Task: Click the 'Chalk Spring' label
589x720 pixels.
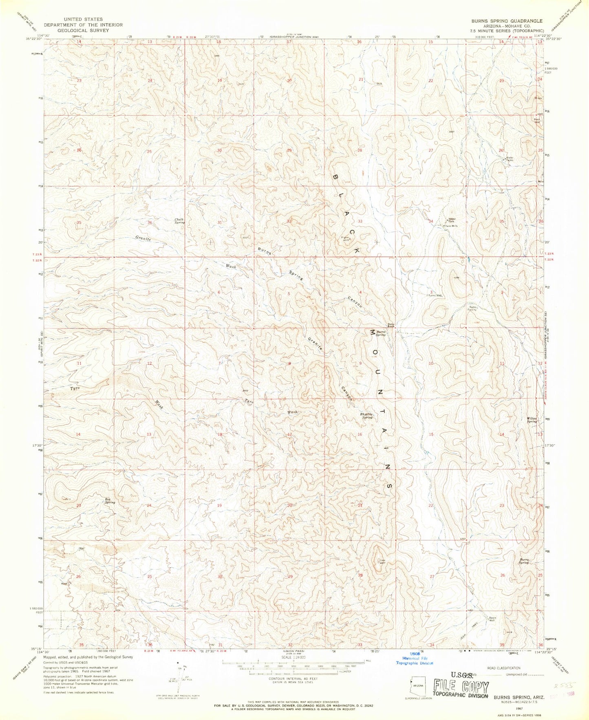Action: click(x=179, y=221)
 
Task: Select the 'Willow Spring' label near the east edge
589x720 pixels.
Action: click(x=531, y=420)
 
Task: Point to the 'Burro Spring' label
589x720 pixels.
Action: click(x=523, y=561)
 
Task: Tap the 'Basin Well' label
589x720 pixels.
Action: click(x=492, y=619)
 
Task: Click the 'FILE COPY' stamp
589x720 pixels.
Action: click(x=461, y=688)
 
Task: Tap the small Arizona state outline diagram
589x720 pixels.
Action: click(x=417, y=686)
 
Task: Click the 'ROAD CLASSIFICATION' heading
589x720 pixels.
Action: click(x=504, y=668)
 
